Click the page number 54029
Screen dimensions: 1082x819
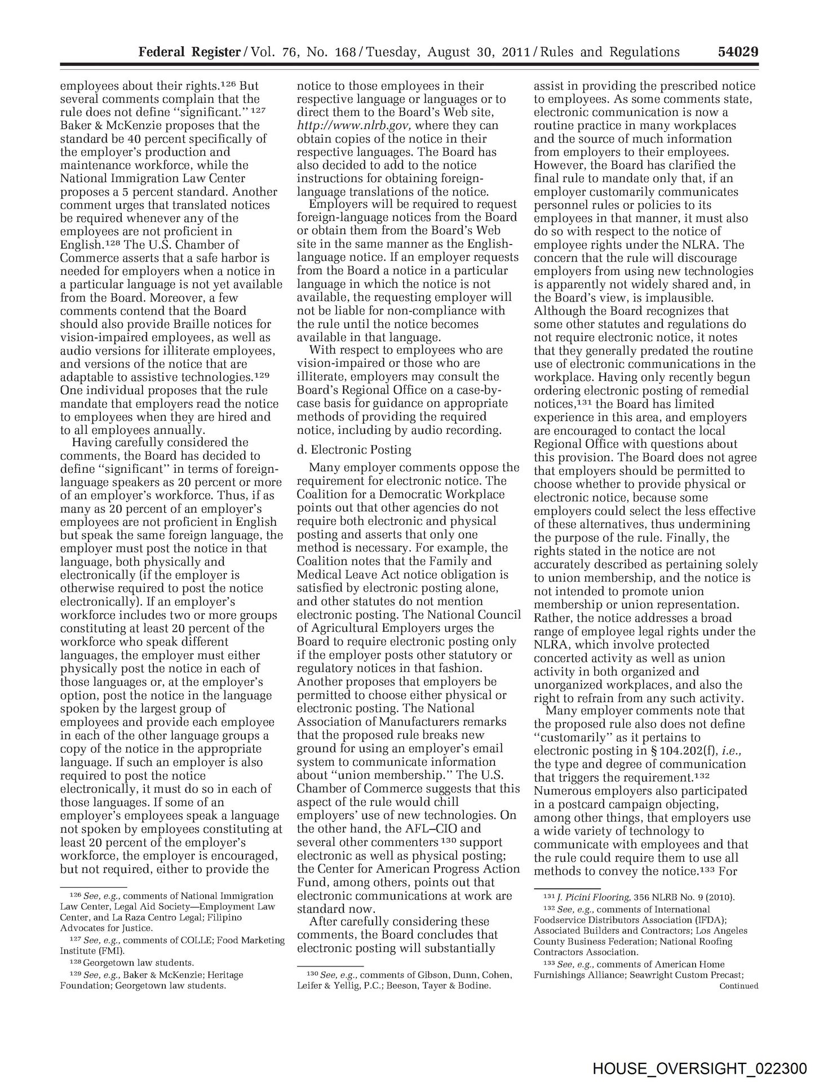(738, 52)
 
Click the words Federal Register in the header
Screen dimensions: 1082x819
(189, 52)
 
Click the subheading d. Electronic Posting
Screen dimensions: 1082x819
(354, 450)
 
